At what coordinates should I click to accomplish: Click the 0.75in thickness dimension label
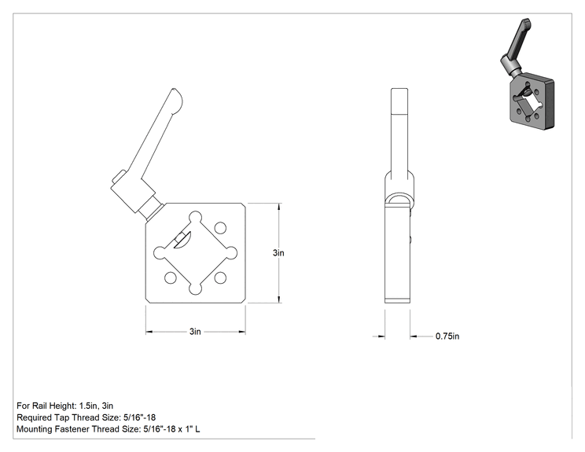(x=447, y=336)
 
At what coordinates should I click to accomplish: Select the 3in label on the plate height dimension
(x=278, y=253)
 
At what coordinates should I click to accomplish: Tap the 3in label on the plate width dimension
(x=195, y=332)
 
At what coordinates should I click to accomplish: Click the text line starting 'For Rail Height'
(x=65, y=406)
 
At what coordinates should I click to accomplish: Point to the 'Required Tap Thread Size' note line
(x=86, y=417)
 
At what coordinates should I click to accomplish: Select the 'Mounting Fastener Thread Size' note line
(x=109, y=429)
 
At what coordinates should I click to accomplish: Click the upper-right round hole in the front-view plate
(x=220, y=227)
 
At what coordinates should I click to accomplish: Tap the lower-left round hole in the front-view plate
(x=170, y=277)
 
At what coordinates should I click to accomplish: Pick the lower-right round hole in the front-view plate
(x=220, y=277)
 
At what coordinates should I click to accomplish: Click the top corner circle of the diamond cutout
(x=196, y=218)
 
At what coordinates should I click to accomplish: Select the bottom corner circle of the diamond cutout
(x=195, y=289)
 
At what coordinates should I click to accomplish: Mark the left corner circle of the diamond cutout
(x=160, y=253)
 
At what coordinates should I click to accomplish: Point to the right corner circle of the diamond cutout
(x=231, y=253)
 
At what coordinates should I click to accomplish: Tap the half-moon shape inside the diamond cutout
(x=183, y=241)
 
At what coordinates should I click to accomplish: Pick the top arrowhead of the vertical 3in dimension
(x=279, y=206)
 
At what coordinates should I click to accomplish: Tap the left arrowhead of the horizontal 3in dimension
(x=149, y=332)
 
